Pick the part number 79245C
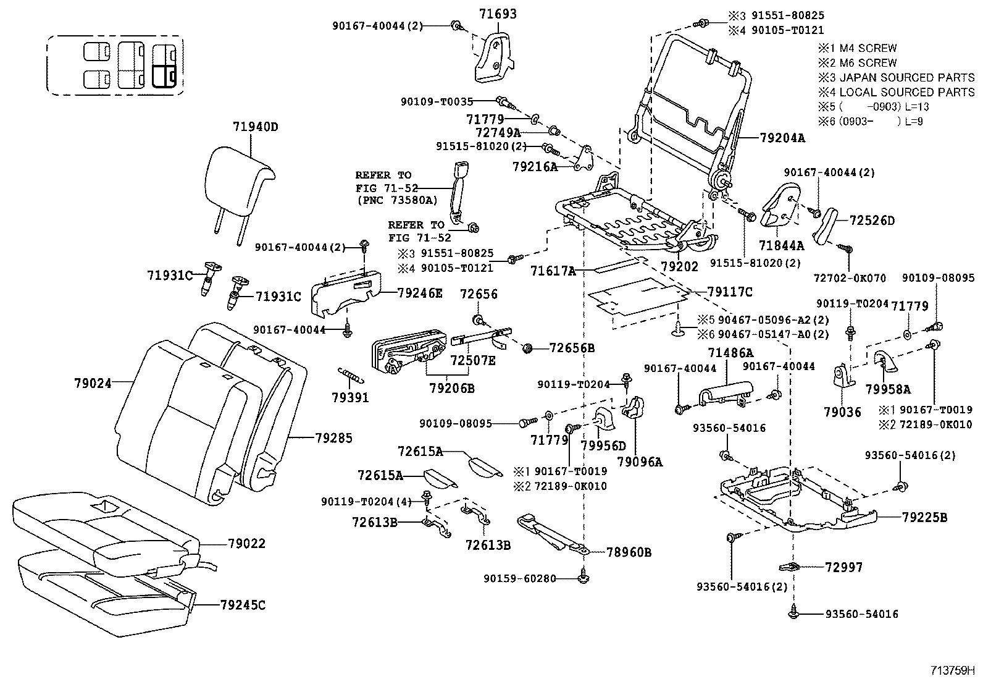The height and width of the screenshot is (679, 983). (x=242, y=605)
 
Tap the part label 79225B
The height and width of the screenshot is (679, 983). (x=924, y=518)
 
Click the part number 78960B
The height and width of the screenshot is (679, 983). (x=629, y=552)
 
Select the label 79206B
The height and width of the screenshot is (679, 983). (x=452, y=388)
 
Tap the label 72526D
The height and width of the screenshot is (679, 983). (x=872, y=221)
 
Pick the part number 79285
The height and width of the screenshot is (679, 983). (x=333, y=438)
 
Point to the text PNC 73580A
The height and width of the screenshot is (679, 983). (x=396, y=200)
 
